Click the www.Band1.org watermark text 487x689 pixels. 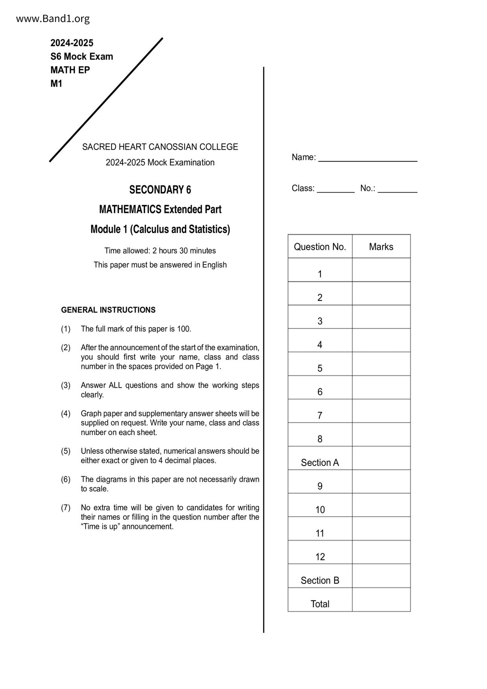pyautogui.click(x=53, y=18)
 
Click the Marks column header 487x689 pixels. pyautogui.click(x=381, y=247)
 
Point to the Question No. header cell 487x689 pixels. pyautogui.click(x=320, y=247)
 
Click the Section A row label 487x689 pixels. pyautogui.click(x=320, y=462)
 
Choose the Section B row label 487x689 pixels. pyautogui.click(x=320, y=580)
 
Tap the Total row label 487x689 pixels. pyautogui.click(x=320, y=604)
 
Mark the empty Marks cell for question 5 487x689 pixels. pyautogui.click(x=381, y=364)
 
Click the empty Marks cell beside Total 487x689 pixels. pyautogui.click(x=381, y=599)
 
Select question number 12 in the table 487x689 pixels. pyautogui.click(x=320, y=557)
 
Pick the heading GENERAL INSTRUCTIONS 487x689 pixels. pyautogui.click(x=108, y=310)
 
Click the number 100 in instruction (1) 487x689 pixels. pyautogui.click(x=183, y=329)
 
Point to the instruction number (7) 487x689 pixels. pyautogui.click(x=66, y=508)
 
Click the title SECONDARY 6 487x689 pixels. pyautogui.click(x=160, y=190)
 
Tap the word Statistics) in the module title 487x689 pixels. pyautogui.click(x=209, y=229)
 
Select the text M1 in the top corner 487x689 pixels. pyautogui.click(x=56, y=83)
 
